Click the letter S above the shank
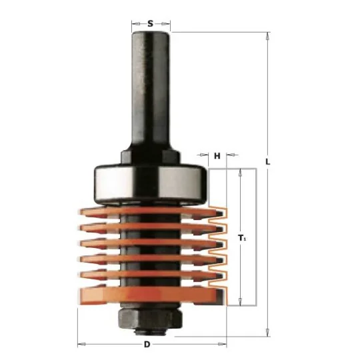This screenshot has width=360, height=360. coord(150,23)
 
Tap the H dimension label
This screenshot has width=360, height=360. coord(217,156)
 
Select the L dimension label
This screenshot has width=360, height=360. coord(268,162)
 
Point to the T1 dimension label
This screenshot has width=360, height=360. coord(242,238)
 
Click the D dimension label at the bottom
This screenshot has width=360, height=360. coord(147,345)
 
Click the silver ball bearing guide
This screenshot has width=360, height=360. coord(151,184)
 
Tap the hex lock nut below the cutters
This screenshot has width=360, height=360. coord(151,319)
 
